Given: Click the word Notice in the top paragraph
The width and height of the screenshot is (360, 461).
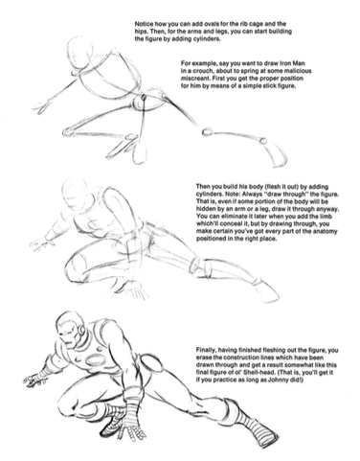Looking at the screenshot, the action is point(144,24).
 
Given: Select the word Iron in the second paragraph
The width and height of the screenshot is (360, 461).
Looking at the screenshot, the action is point(289,63).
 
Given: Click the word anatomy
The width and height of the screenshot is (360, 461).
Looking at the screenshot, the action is point(326,231).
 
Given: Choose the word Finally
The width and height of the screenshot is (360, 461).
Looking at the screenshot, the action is point(206,350).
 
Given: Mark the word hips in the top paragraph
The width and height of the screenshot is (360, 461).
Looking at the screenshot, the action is point(140,32).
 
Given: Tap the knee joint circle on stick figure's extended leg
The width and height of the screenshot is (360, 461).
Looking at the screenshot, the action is point(207,131).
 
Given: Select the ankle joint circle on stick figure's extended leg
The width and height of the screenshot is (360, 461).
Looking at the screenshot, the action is point(263,140).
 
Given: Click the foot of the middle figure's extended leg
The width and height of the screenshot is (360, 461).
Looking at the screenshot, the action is point(267,290).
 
